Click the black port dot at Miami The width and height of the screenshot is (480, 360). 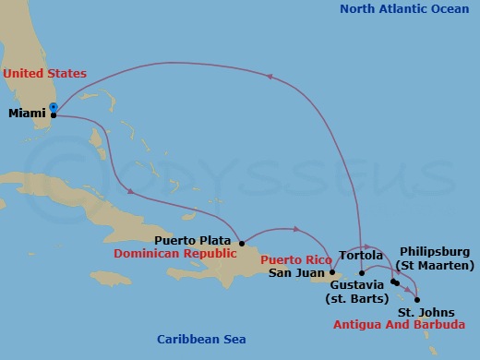pyautogui.click(x=54, y=115)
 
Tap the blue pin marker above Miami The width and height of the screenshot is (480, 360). pyautogui.click(x=54, y=108)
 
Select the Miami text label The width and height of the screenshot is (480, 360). pyautogui.click(x=26, y=114)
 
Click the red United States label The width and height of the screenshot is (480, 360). pyautogui.click(x=44, y=73)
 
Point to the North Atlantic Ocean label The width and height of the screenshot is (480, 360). pyautogui.click(x=404, y=9)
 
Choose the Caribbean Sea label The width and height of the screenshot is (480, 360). pyautogui.click(x=201, y=341)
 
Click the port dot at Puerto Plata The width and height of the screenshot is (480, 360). pyautogui.click(x=242, y=244)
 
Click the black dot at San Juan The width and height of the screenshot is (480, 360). pyautogui.click(x=331, y=272)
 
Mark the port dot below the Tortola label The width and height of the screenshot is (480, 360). pyautogui.click(x=362, y=272)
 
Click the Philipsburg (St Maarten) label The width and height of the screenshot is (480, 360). pyautogui.click(x=435, y=258)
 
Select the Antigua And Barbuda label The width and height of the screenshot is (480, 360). pyautogui.click(x=399, y=325)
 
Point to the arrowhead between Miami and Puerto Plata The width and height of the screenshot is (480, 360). pyautogui.click(x=132, y=192)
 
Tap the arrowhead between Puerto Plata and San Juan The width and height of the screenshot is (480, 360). pyautogui.click(x=296, y=228)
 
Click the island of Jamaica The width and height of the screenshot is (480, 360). pyautogui.click(x=113, y=278)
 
